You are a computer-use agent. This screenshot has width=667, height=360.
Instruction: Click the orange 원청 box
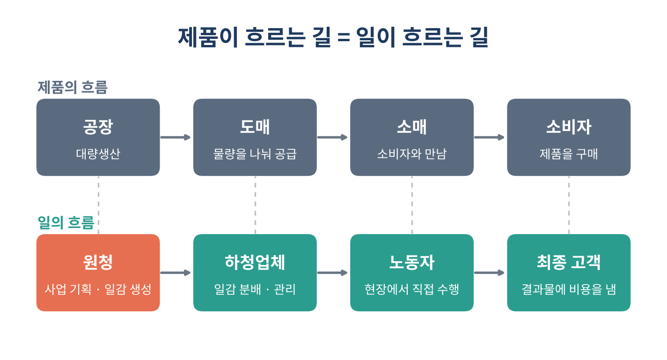click(x=98, y=272)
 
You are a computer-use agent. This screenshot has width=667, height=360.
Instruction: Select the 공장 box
click(x=98, y=137)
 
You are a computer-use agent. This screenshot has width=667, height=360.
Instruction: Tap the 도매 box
click(x=255, y=137)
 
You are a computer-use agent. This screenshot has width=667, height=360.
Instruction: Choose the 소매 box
click(x=412, y=137)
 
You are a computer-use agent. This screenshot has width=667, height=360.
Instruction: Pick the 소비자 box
click(x=569, y=137)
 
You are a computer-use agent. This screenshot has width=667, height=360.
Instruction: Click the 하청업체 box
click(x=255, y=272)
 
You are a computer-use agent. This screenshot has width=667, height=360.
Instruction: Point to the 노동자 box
click(x=412, y=272)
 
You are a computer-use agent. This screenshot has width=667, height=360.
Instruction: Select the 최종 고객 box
click(x=569, y=272)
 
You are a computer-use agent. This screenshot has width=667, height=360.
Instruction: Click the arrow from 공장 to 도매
click(x=176, y=137)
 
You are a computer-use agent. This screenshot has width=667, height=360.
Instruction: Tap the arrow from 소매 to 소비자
click(x=489, y=137)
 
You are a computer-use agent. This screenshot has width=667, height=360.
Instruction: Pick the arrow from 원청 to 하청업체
click(x=176, y=272)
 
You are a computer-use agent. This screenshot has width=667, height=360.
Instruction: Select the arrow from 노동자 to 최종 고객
click(x=489, y=272)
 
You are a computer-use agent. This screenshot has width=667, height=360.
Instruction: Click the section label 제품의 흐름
click(x=73, y=87)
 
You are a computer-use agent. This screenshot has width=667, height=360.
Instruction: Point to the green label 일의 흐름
click(x=66, y=222)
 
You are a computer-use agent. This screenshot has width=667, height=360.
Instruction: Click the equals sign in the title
click(x=344, y=37)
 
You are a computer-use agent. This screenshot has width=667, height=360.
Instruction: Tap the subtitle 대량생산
click(x=98, y=154)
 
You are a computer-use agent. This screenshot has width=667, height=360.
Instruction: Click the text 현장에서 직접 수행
click(x=412, y=289)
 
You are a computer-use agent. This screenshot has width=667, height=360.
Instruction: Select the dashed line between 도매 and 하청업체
click(x=255, y=205)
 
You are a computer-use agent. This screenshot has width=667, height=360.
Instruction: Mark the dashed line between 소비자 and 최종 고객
click(x=569, y=205)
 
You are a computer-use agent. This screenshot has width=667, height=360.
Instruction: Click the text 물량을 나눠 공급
click(x=255, y=154)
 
